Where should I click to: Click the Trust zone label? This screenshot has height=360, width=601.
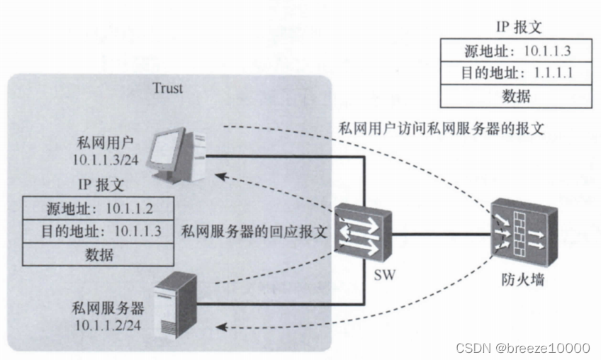pyautogui.click(x=167, y=89)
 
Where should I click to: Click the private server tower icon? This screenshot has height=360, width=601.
pyautogui.click(x=174, y=301)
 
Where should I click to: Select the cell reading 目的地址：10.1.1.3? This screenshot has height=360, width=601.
pyautogui.click(x=100, y=232)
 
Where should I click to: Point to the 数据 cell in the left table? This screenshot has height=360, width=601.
pyautogui.click(x=100, y=254)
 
